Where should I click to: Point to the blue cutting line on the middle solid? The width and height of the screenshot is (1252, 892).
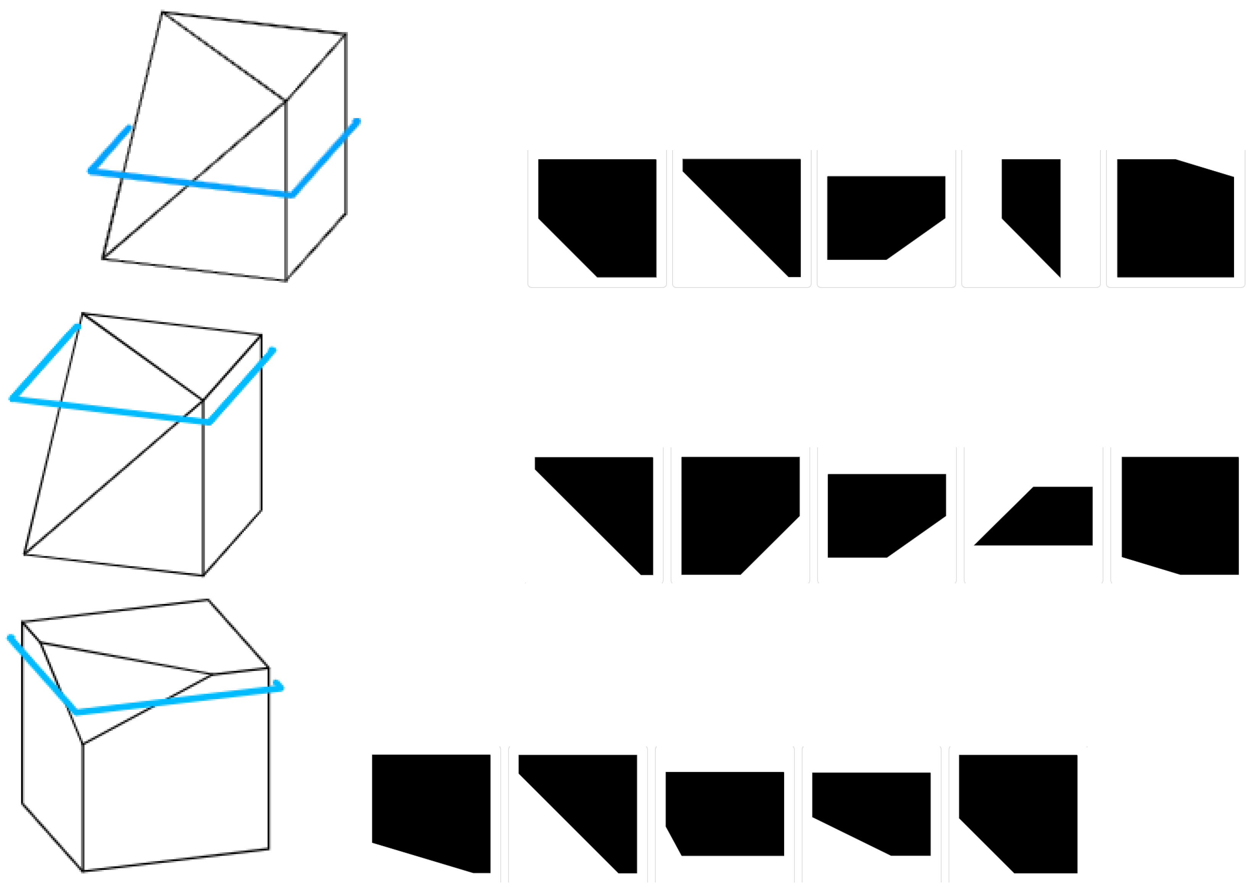110,410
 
